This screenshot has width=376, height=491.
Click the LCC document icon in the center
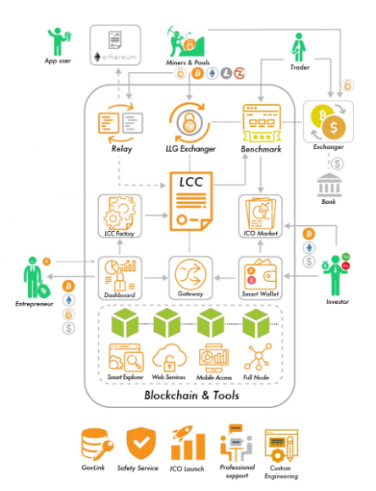(191, 201)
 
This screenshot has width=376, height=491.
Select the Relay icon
(120, 123)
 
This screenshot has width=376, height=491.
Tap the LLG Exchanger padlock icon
(189, 123)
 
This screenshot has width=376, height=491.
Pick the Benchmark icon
(262, 123)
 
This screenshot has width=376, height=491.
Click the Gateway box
(191, 278)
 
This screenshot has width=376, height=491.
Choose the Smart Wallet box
(260, 278)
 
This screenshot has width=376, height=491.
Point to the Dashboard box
(119, 278)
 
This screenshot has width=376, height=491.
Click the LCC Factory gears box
(119, 216)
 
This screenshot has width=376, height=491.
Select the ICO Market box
(260, 216)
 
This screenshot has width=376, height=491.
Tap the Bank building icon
(329, 185)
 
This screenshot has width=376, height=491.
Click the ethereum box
(115, 45)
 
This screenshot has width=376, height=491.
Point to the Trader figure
(299, 47)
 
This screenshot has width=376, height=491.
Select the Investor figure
(335, 274)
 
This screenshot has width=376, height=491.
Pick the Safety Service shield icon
(141, 443)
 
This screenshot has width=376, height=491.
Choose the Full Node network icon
(258, 356)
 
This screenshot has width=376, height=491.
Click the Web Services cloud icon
(169, 357)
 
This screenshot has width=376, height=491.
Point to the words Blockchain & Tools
(191, 395)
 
